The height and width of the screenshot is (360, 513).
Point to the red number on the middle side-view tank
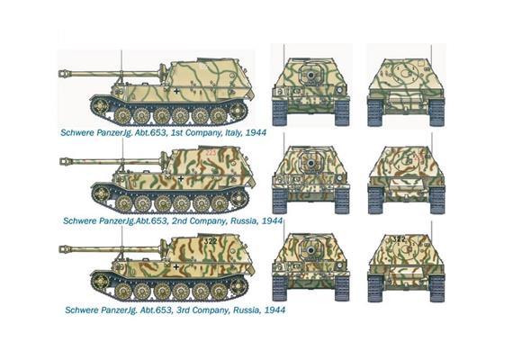coord(209,155)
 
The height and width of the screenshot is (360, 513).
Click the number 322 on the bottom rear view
coord(398,239)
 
